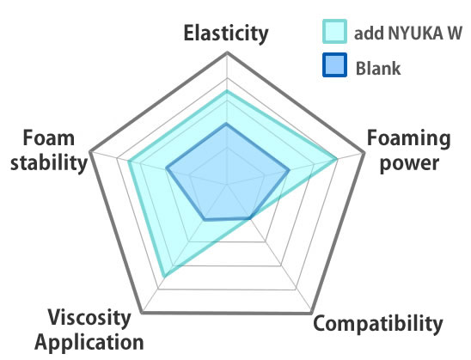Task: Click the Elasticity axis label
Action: coord(226,34)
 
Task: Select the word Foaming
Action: coord(409,139)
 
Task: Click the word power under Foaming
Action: coord(409,163)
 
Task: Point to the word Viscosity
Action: coord(89,319)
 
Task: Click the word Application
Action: coord(89,343)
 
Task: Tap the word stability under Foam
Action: coord(49,162)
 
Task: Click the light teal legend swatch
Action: coord(334,32)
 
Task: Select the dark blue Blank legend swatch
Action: coord(334,64)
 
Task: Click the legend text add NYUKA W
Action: coord(408,33)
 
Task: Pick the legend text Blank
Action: coord(378,68)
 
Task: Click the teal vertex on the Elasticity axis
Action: coord(227,91)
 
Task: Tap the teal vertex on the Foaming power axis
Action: coord(336,159)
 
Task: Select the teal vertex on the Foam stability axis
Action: coord(129,162)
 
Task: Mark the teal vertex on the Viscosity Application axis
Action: coord(163,275)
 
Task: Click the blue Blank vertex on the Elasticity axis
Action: coord(227,124)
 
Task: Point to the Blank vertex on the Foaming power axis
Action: coord(289,170)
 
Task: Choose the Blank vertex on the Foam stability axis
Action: coord(167,168)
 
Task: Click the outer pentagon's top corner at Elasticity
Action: coord(228,53)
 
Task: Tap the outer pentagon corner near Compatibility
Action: coord(311,313)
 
